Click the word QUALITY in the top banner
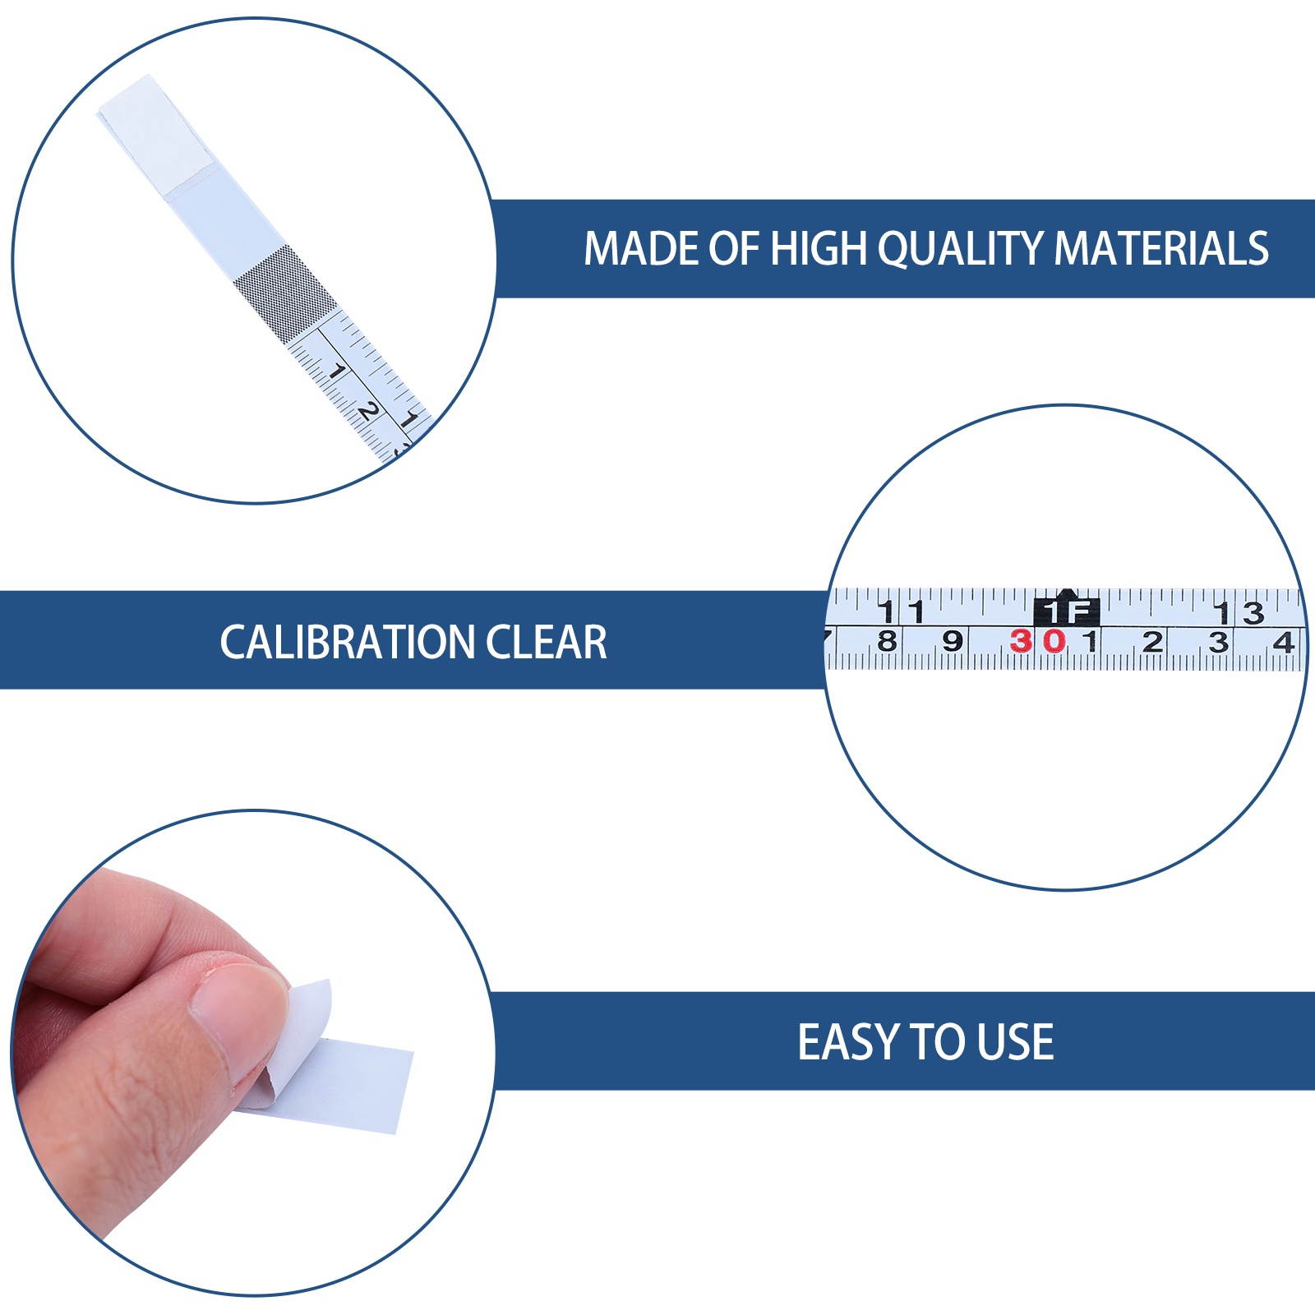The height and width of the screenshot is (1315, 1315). click(961, 248)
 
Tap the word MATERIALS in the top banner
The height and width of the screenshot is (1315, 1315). click(1161, 248)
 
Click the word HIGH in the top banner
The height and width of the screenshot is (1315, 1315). click(819, 248)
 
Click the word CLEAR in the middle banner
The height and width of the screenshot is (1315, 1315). click(547, 642)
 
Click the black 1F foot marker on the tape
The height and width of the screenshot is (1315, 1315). click(1066, 611)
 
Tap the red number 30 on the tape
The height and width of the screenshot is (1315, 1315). click(1038, 641)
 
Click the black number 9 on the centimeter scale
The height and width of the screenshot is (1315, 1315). click(952, 641)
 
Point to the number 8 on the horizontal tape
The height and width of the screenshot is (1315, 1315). click(887, 641)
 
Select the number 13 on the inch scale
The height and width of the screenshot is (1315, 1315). click(1240, 612)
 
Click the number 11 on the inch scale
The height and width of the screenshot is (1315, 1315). click(902, 612)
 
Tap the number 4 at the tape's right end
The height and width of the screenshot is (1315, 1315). click(1283, 642)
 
